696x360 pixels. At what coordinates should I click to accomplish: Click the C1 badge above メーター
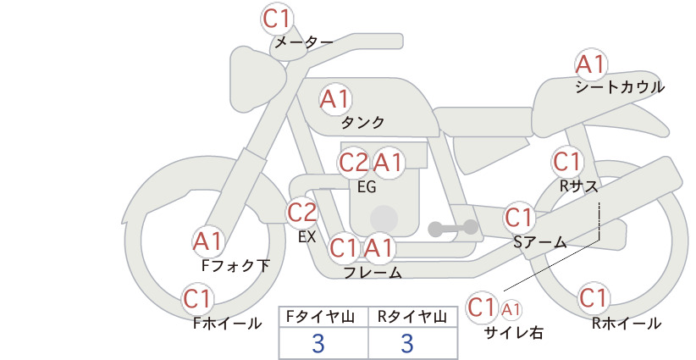point(276,19)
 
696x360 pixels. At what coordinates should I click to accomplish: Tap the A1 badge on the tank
point(335,99)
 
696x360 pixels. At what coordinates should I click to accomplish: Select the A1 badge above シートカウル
point(590,65)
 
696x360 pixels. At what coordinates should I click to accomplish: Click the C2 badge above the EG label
point(353,163)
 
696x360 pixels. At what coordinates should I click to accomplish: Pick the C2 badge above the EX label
point(301,213)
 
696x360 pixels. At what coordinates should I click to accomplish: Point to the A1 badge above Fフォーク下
point(207,242)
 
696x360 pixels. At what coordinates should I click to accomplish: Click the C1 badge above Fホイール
point(196,299)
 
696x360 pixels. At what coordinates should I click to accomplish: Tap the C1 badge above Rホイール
point(593,298)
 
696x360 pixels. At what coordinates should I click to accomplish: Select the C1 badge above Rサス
point(566,162)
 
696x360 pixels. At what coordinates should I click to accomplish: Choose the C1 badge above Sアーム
point(518,218)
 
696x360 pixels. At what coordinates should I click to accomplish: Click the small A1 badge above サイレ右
point(511,310)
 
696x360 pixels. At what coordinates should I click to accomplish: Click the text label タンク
point(362,123)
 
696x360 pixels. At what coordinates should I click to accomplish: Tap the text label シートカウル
point(620,87)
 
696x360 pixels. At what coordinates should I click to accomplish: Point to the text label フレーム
point(373,273)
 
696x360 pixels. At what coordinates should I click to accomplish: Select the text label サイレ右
point(514,333)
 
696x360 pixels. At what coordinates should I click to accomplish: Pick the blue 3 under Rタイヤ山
point(407,343)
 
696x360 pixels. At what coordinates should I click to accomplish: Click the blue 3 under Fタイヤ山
point(318,343)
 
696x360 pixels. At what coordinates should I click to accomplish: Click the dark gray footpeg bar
point(453,228)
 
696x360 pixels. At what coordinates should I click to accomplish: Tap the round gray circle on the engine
point(384,219)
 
